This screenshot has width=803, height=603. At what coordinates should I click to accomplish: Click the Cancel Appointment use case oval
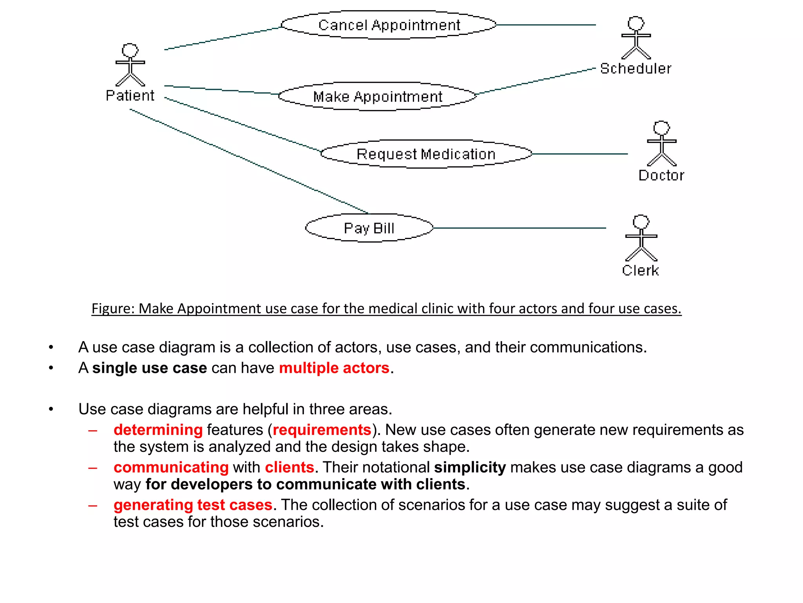tap(389, 25)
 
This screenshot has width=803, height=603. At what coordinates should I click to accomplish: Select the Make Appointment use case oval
tap(378, 97)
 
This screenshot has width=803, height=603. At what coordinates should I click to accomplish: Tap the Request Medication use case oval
tap(426, 154)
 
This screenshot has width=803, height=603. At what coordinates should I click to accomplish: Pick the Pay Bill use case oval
tap(369, 228)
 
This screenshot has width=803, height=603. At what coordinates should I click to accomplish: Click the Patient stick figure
tap(130, 65)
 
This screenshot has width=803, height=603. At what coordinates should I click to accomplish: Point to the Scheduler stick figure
tap(636, 38)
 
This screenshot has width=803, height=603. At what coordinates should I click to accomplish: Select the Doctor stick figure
tap(661, 144)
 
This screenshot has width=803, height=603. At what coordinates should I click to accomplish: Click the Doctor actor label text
tap(661, 175)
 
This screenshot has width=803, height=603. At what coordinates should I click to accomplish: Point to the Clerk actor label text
tap(640, 270)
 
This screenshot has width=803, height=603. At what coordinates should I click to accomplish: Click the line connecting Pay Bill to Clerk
tap(520, 228)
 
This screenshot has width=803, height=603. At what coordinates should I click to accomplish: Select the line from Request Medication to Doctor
tap(580, 154)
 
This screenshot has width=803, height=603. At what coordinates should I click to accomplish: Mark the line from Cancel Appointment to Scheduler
tap(546, 25)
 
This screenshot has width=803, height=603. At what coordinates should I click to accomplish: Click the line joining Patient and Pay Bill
tap(249, 161)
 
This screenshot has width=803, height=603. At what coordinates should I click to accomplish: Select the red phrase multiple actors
tap(334, 368)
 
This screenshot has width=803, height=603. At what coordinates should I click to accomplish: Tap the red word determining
tap(158, 430)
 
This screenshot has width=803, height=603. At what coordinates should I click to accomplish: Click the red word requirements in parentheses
tap(322, 430)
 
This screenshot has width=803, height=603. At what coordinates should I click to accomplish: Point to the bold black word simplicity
tap(470, 467)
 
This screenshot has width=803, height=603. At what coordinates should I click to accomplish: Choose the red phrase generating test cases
tap(193, 505)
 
